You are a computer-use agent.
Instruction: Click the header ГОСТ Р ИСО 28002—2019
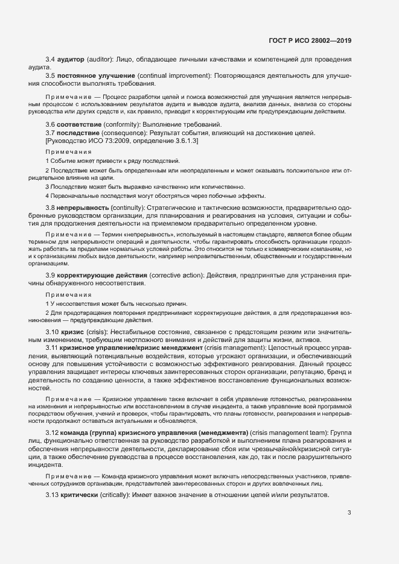(x=310, y=40)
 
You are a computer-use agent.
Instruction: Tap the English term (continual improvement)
(x=173, y=75)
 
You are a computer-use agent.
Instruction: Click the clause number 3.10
(x=53, y=333)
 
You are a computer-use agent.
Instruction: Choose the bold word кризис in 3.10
(x=73, y=333)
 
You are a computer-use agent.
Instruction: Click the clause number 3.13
(x=53, y=495)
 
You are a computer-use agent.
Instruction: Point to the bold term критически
(x=82, y=495)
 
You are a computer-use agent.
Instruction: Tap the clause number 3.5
(x=51, y=75)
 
